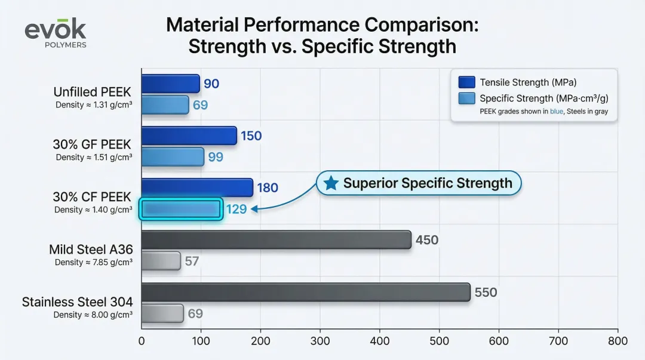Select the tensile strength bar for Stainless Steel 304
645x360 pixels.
(306, 292)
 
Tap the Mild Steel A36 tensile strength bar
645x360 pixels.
(276, 240)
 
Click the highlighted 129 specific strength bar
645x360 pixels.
(181, 210)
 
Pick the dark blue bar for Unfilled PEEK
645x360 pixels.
(170, 84)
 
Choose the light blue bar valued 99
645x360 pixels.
(173, 157)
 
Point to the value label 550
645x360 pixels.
(486, 293)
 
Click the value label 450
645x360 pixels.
(426, 241)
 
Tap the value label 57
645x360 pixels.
(192, 261)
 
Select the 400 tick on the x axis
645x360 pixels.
(380, 341)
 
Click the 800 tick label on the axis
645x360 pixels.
(618, 341)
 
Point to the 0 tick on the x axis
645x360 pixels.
(142, 341)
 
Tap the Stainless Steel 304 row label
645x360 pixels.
(77, 301)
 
